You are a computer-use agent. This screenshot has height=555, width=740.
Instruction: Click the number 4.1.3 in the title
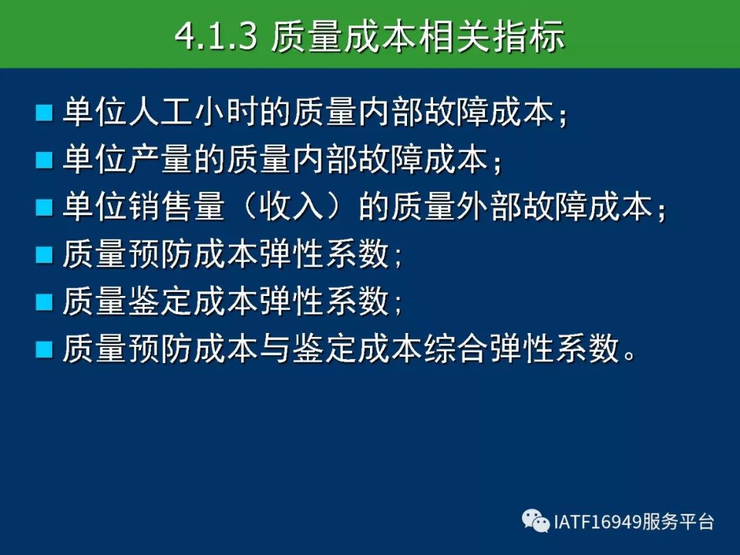(216, 36)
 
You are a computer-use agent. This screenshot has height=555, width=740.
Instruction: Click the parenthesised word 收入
(292, 207)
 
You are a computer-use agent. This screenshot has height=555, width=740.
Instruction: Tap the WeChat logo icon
(536, 521)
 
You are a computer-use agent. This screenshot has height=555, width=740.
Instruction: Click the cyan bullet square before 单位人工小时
(44, 113)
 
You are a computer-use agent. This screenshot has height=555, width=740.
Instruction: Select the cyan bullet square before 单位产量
(44, 160)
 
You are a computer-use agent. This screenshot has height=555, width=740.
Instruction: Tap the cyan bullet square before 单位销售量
(44, 207)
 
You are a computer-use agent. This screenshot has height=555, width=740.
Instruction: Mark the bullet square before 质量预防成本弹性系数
(44, 254)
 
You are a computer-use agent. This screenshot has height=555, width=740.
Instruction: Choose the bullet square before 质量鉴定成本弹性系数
(44, 301)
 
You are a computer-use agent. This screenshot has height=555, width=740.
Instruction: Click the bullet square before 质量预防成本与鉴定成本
(44, 349)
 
